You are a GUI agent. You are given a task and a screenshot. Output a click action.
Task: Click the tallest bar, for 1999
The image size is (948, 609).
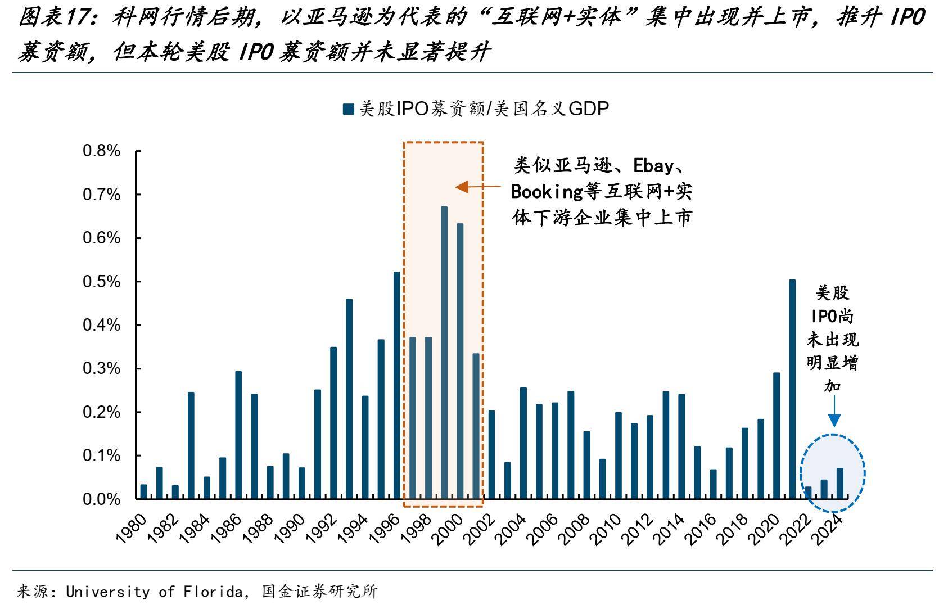pyautogui.click(x=444, y=353)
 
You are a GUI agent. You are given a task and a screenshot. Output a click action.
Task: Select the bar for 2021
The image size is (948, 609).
pyautogui.click(x=792, y=389)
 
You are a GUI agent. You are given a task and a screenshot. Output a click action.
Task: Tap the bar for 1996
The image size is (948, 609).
pyautogui.click(x=396, y=385)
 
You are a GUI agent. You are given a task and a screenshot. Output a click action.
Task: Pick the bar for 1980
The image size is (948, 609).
pyautogui.click(x=143, y=491)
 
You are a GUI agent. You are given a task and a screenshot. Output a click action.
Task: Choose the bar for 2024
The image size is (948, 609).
pyautogui.click(x=840, y=484)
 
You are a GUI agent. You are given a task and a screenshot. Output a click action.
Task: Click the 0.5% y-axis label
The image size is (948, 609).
pyautogui.click(x=102, y=282)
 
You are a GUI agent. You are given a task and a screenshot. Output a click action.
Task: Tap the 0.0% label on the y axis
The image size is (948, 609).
pyautogui.click(x=102, y=499)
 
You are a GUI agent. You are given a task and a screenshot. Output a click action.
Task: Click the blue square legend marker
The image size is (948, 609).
pyautogui.click(x=348, y=109)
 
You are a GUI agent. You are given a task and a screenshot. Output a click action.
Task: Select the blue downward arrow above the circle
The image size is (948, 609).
pyautogui.click(x=834, y=413)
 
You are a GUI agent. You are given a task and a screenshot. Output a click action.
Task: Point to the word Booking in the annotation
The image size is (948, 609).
pyautogui.click(x=547, y=192)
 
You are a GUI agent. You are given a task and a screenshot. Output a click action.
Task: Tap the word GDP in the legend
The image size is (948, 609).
pyautogui.click(x=589, y=109)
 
